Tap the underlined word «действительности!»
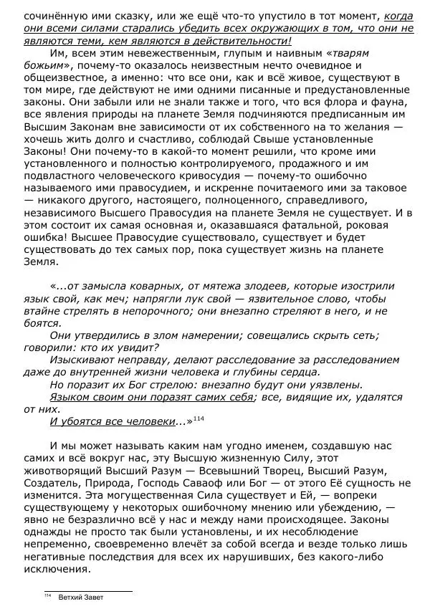254,41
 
